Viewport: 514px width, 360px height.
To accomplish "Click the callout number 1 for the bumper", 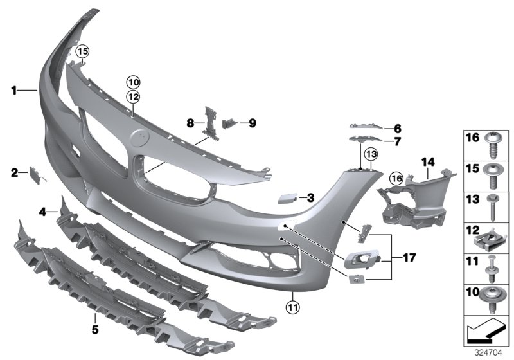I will click(13, 91).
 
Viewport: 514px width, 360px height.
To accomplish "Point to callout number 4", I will click(42, 211).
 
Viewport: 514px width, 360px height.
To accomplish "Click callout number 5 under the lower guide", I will click(94, 330).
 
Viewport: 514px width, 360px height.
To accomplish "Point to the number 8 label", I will click(190, 122).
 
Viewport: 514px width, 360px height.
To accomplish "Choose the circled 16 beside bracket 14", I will click(396, 177).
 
